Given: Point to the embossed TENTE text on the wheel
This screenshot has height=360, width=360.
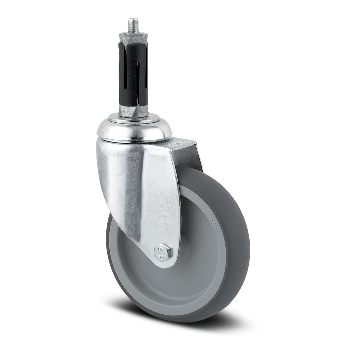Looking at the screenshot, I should [x=215, y=224].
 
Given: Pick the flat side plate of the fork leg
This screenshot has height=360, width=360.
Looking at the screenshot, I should [x=160, y=202].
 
